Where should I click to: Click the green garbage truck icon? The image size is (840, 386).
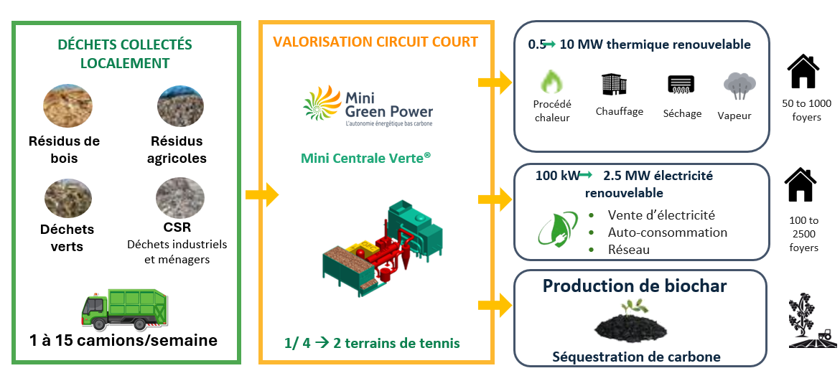click(124, 309)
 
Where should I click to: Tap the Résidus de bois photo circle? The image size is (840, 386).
click(67, 106)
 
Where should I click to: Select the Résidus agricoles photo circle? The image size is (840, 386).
click(180, 106)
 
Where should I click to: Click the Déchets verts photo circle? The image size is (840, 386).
click(67, 197)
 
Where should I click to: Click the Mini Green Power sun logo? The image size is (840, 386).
click(322, 103)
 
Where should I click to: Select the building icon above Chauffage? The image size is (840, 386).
click(614, 84)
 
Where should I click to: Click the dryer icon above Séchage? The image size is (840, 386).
click(681, 85)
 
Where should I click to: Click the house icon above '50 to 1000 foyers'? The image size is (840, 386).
click(803, 71)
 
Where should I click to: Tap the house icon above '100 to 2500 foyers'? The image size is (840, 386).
click(801, 184)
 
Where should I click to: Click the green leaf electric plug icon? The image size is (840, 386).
click(558, 230)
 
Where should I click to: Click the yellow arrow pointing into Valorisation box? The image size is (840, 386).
click(262, 194)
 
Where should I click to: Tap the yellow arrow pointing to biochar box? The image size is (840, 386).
click(495, 305)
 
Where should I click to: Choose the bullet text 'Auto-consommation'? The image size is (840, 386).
click(668, 232)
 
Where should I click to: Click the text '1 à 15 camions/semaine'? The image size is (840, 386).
click(124, 340)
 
